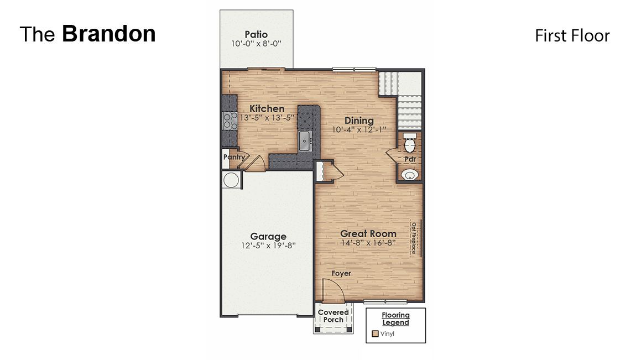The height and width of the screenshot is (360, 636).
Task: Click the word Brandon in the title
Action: tap(108, 34)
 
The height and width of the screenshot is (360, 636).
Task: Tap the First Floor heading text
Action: tap(572, 36)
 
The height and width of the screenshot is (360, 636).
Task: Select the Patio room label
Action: tap(256, 35)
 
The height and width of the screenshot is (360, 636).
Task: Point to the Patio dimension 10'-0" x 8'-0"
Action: tap(257, 43)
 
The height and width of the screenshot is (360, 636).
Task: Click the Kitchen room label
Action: tap(267, 109)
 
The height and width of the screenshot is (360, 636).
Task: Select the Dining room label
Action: tap(359, 121)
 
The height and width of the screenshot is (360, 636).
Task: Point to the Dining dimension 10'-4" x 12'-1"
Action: tap(358, 129)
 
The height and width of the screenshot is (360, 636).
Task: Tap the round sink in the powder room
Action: tap(410, 175)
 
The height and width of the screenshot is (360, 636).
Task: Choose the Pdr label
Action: tap(410, 159)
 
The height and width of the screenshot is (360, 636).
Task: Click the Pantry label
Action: tap(233, 157)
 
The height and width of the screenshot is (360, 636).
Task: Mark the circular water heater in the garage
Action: tap(231, 180)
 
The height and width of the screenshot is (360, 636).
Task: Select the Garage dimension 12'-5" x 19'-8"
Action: tap(268, 246)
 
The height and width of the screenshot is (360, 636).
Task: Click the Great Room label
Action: tap(368, 233)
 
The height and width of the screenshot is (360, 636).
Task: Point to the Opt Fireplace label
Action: tap(413, 238)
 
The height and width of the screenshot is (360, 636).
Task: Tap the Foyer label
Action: tap(341, 273)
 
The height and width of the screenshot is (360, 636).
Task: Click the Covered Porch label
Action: tap(333, 316)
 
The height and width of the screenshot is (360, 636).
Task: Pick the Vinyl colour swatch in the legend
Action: tap(375, 334)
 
